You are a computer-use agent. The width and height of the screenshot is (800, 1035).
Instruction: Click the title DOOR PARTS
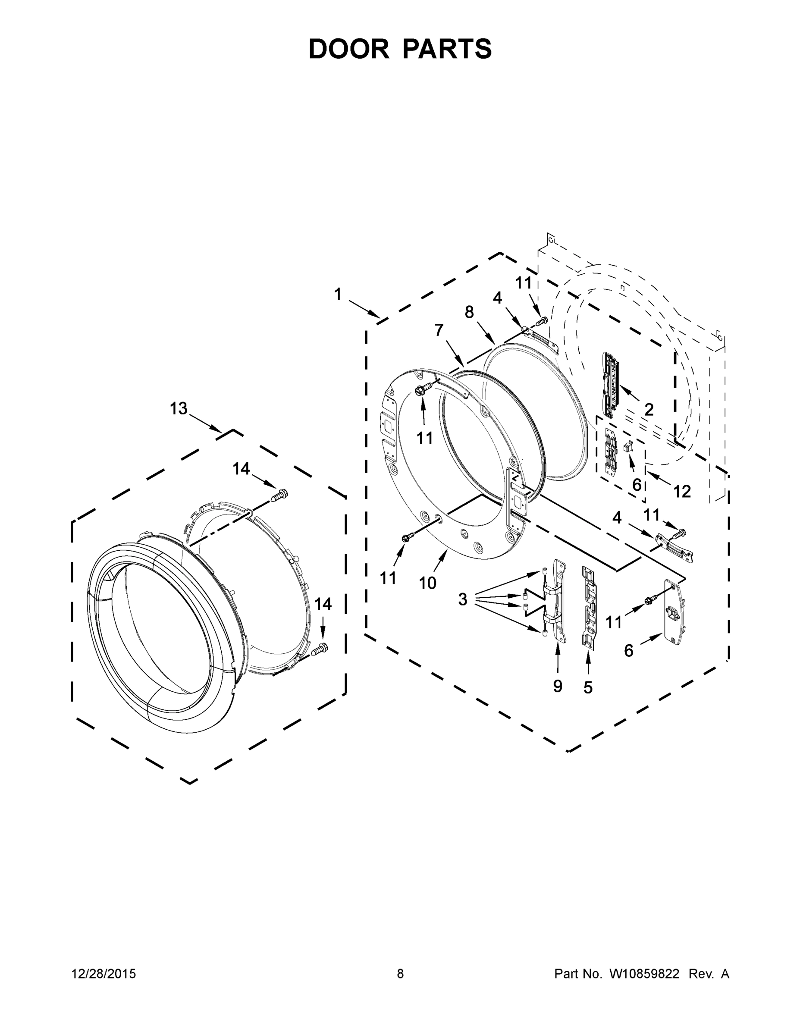400,49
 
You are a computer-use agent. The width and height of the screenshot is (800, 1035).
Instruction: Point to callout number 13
179,408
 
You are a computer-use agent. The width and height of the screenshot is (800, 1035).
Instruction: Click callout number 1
337,295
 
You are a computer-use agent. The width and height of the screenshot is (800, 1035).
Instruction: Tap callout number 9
558,686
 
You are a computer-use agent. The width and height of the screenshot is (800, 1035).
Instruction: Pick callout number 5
588,687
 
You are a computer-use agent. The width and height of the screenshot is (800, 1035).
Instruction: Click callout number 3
463,599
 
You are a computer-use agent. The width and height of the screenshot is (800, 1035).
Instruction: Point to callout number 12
682,492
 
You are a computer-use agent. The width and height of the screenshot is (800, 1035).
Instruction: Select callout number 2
649,409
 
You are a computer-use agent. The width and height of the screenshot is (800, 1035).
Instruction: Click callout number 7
439,330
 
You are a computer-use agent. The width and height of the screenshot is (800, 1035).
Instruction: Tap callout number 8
469,312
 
